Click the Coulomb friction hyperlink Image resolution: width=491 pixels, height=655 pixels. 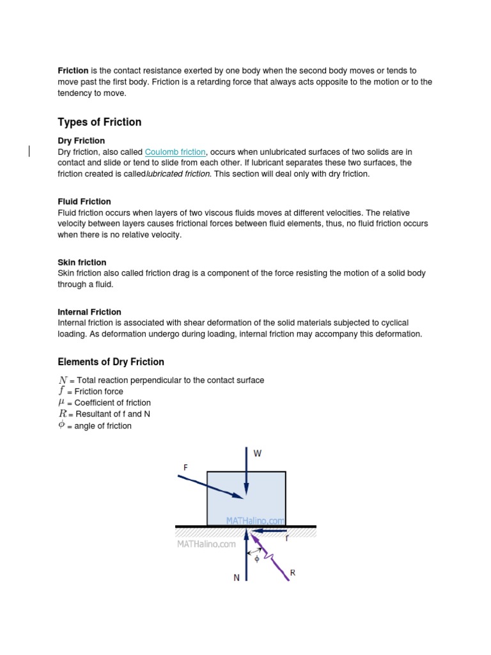point(175,152)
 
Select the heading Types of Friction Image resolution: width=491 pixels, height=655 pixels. point(100,122)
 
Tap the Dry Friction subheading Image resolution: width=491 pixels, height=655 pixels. point(81,141)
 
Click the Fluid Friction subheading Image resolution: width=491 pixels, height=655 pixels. point(84,201)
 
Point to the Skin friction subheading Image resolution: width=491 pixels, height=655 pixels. point(82,262)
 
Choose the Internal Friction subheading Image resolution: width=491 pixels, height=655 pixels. point(91,312)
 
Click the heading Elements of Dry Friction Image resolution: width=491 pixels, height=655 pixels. point(111,362)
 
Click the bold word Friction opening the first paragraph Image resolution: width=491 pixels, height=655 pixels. point(73,71)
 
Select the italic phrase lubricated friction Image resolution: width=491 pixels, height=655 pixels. point(178,174)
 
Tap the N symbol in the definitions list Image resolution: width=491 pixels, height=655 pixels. point(62,380)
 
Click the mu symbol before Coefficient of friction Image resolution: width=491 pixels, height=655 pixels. point(61,403)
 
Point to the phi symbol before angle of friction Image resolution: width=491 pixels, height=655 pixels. point(61,425)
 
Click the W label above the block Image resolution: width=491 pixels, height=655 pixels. point(258,454)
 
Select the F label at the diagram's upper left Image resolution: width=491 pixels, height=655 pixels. point(186,468)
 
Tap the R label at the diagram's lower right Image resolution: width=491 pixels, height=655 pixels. point(293,572)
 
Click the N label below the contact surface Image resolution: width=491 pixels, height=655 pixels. point(237,578)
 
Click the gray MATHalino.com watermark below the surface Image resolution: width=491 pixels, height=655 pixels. point(206,544)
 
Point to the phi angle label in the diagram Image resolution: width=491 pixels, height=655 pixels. point(257,558)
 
